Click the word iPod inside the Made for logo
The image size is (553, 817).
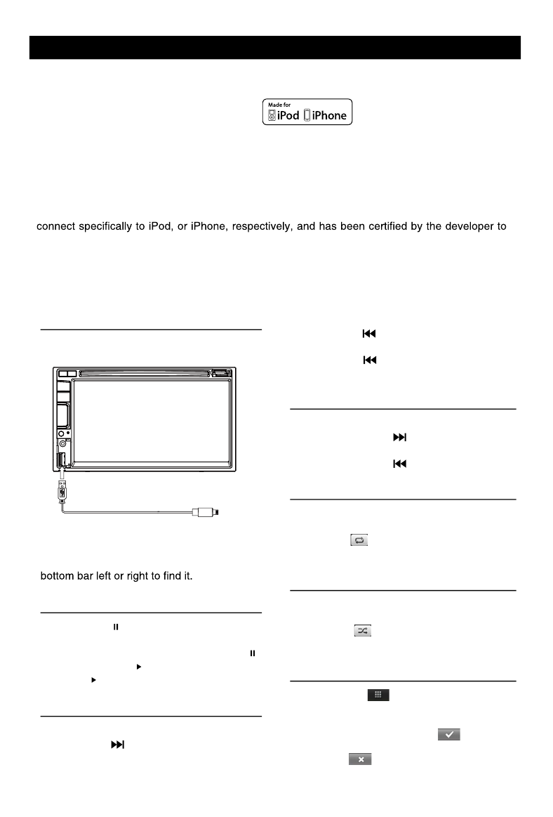pyautogui.click(x=288, y=115)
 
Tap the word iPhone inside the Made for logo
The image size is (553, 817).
pyautogui.click(x=328, y=115)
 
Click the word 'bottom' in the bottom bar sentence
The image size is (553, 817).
pyautogui.click(x=57, y=576)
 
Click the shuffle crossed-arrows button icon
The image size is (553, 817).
pyautogui.click(x=361, y=632)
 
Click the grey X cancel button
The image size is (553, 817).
pyautogui.click(x=360, y=759)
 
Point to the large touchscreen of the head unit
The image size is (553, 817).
pyautogui.click(x=152, y=421)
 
